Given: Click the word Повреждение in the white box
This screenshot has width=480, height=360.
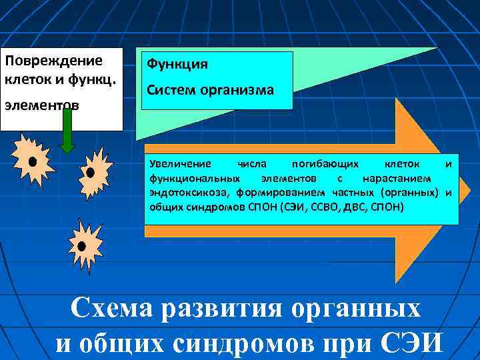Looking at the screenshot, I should (x=53, y=61).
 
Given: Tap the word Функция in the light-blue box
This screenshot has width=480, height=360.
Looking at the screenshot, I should (x=177, y=65).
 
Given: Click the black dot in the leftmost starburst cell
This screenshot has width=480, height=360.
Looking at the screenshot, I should (x=31, y=161).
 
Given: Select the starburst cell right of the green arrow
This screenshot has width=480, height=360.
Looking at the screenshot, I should (x=91, y=173).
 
